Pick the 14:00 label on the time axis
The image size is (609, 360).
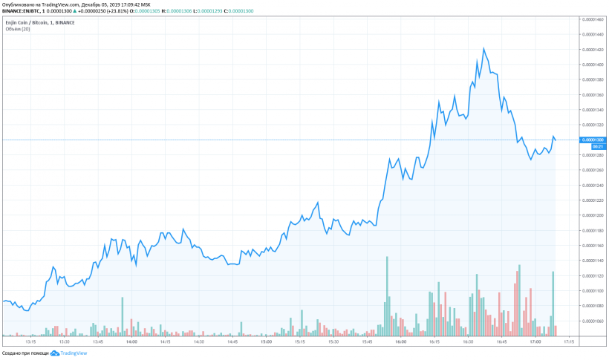point(131,343)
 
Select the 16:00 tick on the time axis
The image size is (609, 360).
point(400,343)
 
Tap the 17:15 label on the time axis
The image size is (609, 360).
point(567,343)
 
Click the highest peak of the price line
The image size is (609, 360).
point(483,48)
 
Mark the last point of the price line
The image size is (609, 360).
point(556,140)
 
